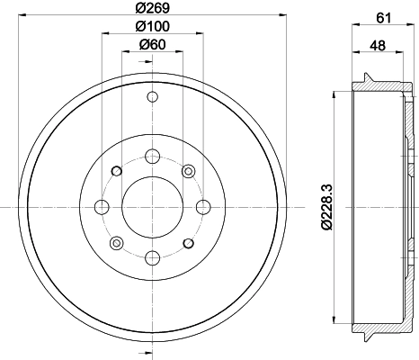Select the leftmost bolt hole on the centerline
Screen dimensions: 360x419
[102, 207]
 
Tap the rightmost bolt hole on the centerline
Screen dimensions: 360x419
[202, 207]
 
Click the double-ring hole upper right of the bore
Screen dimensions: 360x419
[188, 171]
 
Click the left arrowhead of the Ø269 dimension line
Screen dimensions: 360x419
[21, 16]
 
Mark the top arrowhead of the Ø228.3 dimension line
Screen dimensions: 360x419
[334, 93]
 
